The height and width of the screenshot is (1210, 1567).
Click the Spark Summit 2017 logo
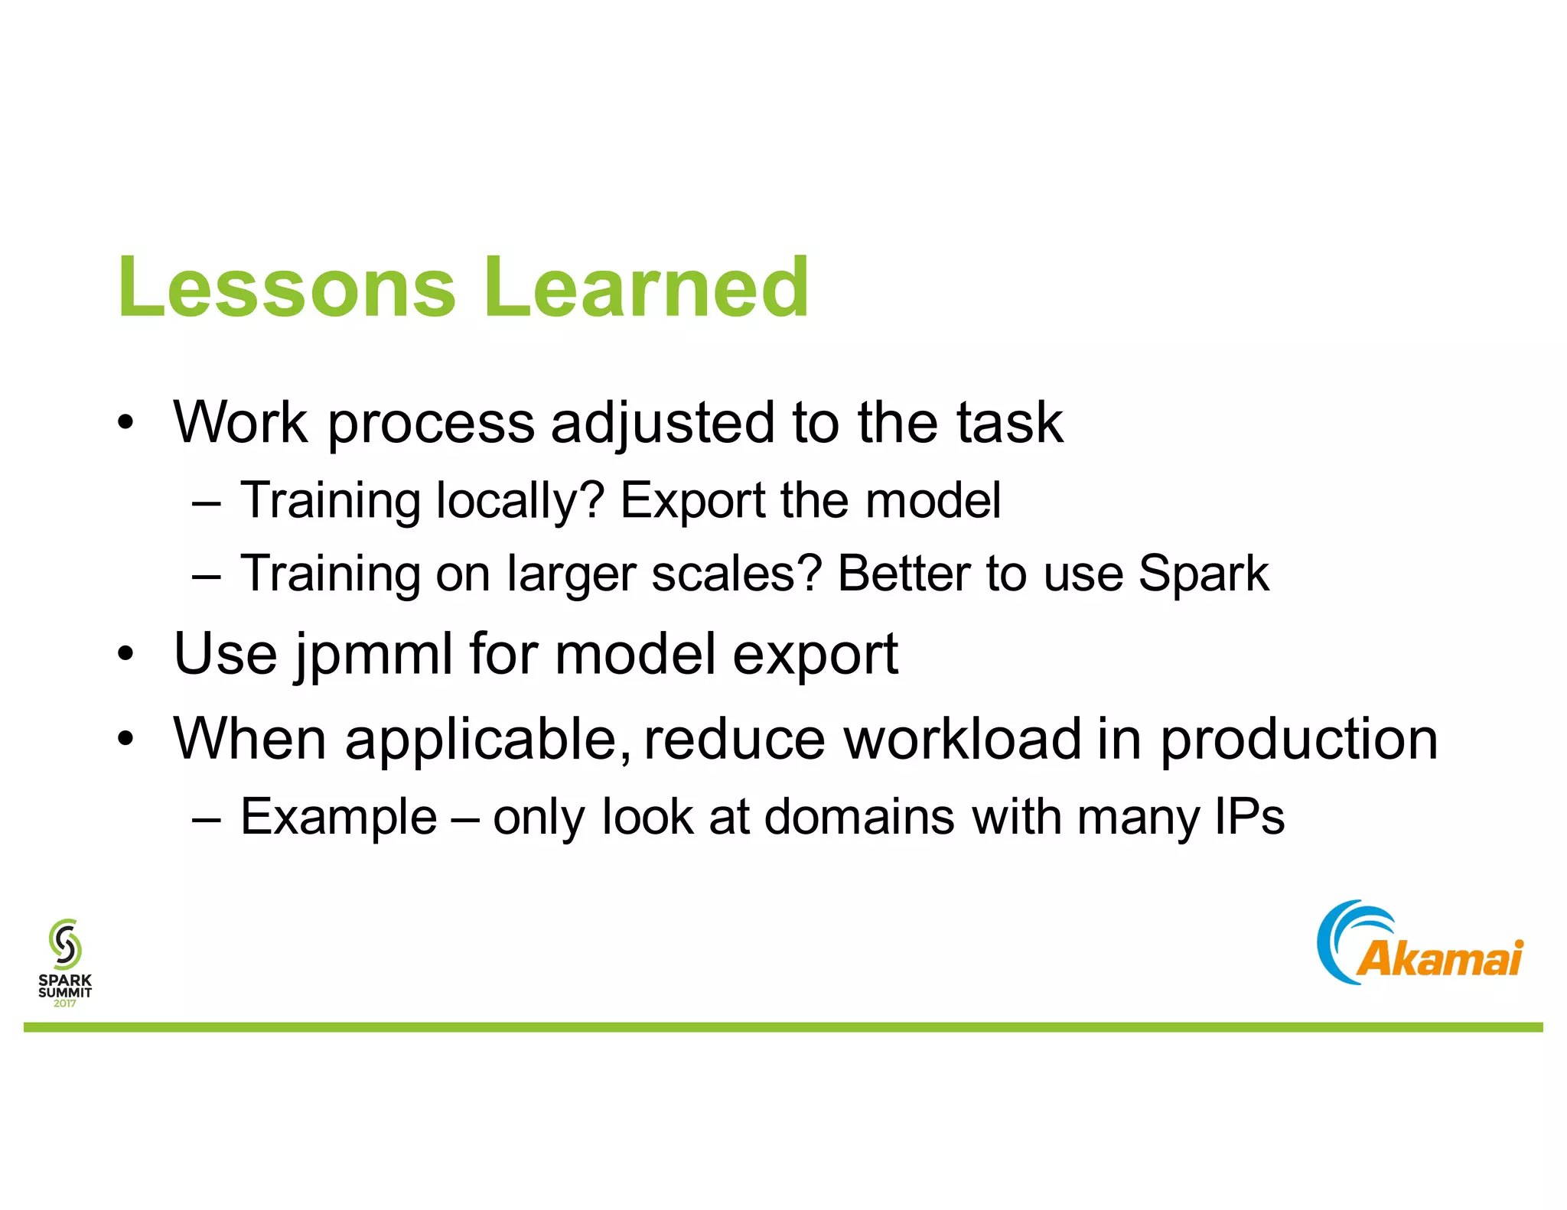pos(65,962)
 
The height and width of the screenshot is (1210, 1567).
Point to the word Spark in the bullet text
pos(1203,574)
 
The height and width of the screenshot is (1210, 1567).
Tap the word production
pos(1298,740)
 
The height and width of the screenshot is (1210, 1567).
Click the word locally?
pos(520,502)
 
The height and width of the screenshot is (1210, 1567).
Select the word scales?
pos(736,574)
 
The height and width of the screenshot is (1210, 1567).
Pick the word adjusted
pos(663,423)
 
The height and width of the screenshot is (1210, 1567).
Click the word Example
pos(338,817)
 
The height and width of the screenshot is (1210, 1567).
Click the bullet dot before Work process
pos(125,423)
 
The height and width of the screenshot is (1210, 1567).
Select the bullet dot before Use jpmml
pos(125,655)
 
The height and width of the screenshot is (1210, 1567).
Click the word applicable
pos(488,740)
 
